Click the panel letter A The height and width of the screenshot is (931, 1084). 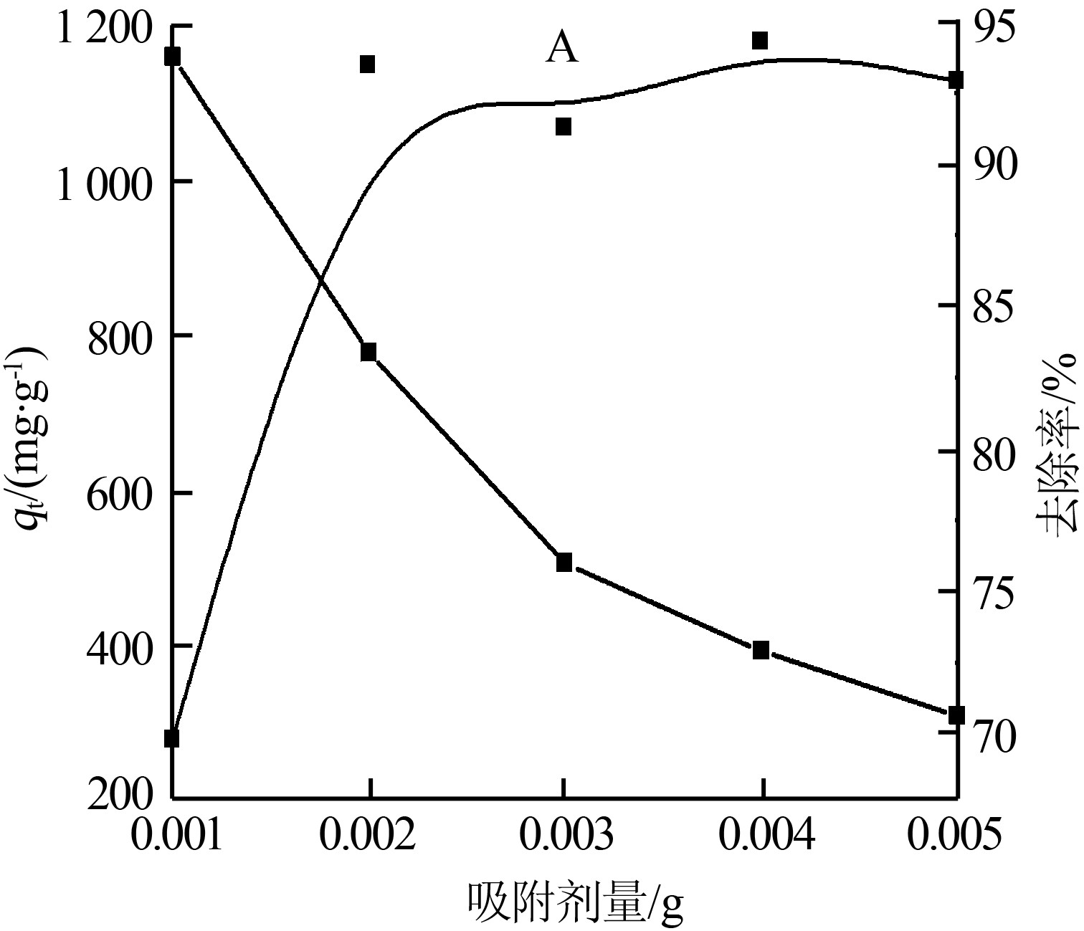562,49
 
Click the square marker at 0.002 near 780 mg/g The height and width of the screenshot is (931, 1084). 369,352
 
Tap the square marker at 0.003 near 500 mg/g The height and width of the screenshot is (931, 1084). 564,562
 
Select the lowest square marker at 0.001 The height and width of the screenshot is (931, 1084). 172,738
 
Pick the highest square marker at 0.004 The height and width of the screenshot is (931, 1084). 760,40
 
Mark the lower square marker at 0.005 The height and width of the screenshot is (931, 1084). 956,715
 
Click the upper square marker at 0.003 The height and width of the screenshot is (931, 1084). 564,127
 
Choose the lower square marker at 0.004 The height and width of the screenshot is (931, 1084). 761,650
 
